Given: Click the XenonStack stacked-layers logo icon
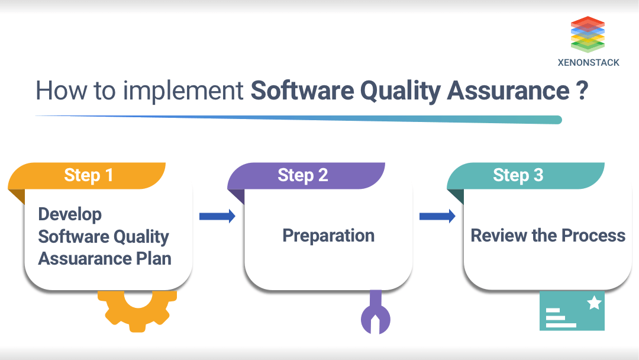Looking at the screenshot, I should [x=588, y=34].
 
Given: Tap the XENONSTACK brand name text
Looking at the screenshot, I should [x=588, y=62].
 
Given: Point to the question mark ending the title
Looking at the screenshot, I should [x=581, y=91].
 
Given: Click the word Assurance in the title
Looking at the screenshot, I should [x=508, y=91].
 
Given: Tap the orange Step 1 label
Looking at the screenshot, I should [x=88, y=175].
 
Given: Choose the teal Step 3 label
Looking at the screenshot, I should [x=518, y=175].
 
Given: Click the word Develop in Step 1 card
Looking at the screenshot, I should [x=70, y=214].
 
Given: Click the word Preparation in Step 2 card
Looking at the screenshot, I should [x=328, y=236].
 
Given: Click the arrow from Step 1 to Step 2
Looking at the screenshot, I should [x=217, y=216].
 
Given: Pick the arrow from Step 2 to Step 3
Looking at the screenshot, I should [x=437, y=216].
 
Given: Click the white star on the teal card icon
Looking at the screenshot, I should [x=594, y=304].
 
